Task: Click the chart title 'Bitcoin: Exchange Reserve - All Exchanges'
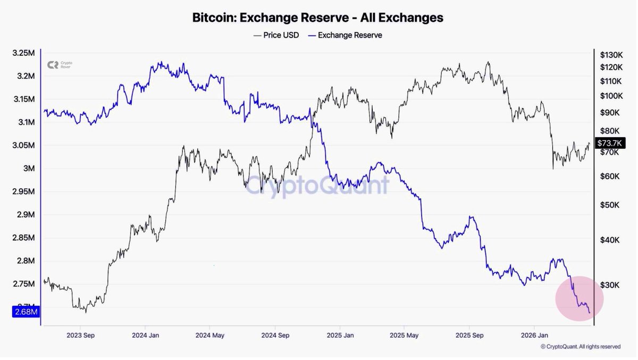click(317, 18)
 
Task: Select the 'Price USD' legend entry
click(276, 35)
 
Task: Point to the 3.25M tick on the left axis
click(24, 53)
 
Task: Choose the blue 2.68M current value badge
click(26, 312)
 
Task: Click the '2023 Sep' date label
click(80, 336)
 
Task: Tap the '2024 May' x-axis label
click(209, 336)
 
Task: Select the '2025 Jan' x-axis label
click(340, 336)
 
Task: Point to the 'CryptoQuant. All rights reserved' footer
click(580, 347)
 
